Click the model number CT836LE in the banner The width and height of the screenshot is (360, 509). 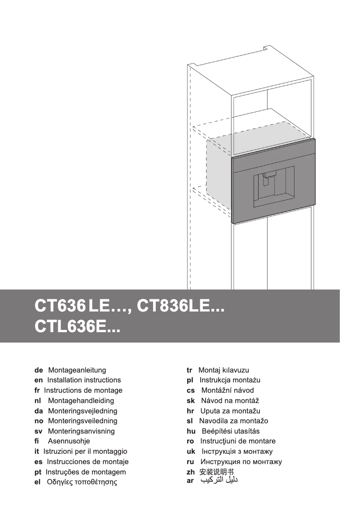pyautogui.click(x=180, y=307)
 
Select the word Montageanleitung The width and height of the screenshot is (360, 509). pyautogui.click(x=77, y=370)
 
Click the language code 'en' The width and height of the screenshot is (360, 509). pyautogui.click(x=39, y=380)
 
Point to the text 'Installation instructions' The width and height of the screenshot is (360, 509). pyautogui.click(x=84, y=380)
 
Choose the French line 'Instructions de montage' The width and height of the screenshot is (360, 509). pyautogui.click(x=83, y=391)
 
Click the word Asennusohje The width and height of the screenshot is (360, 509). pyautogui.click(x=69, y=441)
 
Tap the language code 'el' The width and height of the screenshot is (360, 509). pyautogui.click(x=38, y=482)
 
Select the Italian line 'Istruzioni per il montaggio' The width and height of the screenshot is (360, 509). pyautogui.click(x=85, y=452)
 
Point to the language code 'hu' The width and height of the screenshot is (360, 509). pyautogui.click(x=191, y=431)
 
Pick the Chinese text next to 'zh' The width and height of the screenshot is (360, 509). pyautogui.click(x=217, y=472)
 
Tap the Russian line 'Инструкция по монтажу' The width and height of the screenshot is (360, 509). pyautogui.click(x=241, y=462)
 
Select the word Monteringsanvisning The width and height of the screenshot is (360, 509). pyautogui.click(x=81, y=431)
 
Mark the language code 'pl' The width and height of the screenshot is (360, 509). pyautogui.click(x=190, y=380)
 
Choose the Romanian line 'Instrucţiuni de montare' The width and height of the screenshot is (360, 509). pyautogui.click(x=238, y=441)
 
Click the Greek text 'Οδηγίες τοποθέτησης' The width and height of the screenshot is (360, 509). pyautogui.click(x=82, y=483)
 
